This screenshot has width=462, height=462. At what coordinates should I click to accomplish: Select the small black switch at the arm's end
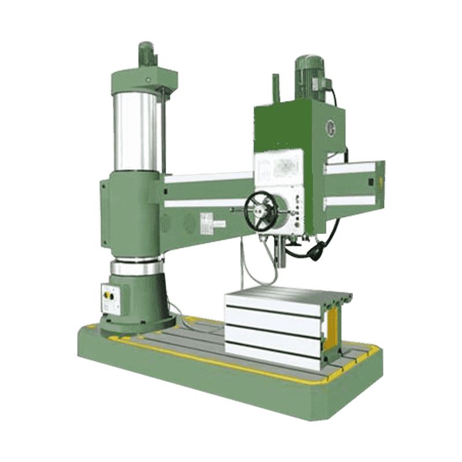pos(370,182)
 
